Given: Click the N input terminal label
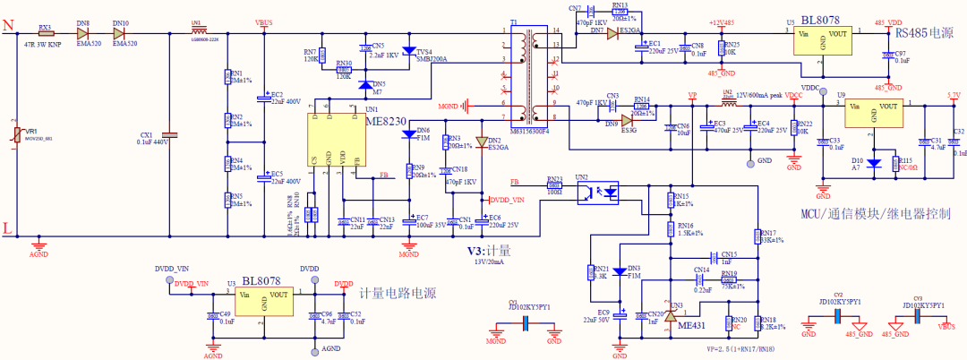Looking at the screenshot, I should click(8, 29).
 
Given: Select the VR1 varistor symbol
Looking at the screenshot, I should click(13, 133).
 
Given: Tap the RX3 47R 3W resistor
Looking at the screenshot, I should click(46, 33).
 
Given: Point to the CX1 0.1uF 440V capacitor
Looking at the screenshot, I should click(171, 135).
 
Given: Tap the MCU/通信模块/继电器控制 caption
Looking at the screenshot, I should click(876, 214).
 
